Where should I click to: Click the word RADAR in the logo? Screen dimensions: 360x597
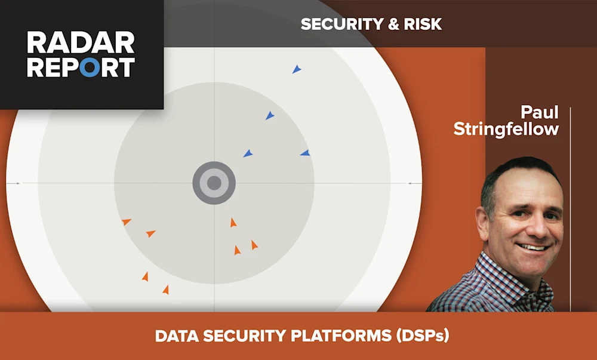coord(81,43)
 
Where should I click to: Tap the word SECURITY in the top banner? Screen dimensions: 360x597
coord(335,24)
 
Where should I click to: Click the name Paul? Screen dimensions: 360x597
coord(540,112)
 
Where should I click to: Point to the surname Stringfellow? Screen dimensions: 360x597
coord(506,129)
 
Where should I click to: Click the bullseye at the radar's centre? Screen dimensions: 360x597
coord(214,183)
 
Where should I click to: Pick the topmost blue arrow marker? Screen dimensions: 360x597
coord(296,70)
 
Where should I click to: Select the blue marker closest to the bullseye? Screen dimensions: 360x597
coord(248,153)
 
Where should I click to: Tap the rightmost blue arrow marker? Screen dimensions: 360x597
coord(305,153)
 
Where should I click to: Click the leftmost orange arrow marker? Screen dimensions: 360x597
coord(126,222)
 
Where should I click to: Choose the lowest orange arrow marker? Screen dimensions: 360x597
coord(165,290)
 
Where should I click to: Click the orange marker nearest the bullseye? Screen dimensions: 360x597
coord(233,223)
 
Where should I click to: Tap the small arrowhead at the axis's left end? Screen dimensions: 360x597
coord(18,183)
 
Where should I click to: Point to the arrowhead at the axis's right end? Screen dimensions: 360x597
coord(410,183)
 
